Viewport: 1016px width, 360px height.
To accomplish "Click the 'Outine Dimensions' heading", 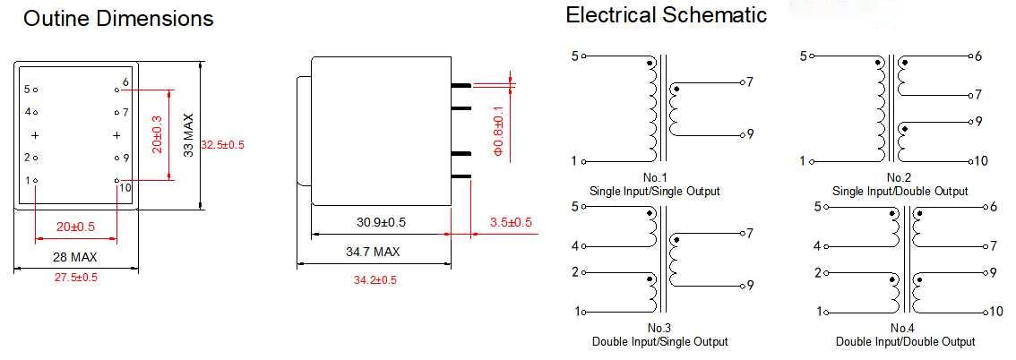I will point(118,18).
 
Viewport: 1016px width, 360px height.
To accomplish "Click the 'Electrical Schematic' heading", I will point(666,15).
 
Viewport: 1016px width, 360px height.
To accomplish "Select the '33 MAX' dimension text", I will point(188,135).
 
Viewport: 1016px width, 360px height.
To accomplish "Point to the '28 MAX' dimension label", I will point(75,258).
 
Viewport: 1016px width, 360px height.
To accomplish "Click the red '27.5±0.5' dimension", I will point(75,278).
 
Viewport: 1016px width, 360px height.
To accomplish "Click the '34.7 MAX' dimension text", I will point(373,252).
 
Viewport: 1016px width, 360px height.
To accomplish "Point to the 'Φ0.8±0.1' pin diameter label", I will point(499,131).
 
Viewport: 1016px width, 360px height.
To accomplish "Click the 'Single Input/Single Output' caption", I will point(654,192).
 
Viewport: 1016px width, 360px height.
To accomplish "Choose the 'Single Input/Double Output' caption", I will point(900,192).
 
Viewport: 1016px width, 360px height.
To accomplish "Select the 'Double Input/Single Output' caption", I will point(659,341).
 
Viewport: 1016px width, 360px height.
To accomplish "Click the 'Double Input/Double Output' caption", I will point(905,341).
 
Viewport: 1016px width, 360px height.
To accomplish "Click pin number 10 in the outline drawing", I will point(125,188).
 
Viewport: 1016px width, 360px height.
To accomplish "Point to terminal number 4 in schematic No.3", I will point(574,245).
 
